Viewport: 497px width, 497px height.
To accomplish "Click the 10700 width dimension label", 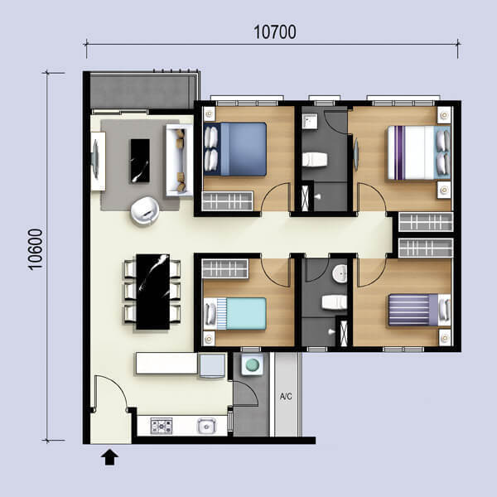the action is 275,32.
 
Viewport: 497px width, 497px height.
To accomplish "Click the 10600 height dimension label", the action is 36,249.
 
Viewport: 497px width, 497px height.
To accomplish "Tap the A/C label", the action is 286,396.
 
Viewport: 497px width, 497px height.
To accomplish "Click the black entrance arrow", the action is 109,457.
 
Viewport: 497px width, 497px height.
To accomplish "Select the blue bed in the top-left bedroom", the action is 235,149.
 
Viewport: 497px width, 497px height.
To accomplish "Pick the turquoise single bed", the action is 235,313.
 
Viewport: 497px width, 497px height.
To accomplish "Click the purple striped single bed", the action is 419,310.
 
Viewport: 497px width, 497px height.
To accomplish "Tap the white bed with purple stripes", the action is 419,152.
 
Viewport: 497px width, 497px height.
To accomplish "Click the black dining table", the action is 152,292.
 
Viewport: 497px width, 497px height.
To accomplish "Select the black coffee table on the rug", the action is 140,161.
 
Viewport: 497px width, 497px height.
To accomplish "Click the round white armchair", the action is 145,210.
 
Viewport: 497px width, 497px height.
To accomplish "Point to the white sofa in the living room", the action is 179,160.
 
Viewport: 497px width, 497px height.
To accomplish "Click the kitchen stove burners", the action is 162,426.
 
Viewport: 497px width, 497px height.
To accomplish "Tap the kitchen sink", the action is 206,426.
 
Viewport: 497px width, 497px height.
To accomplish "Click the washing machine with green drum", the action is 252,364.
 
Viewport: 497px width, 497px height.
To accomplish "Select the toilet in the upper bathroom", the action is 314,159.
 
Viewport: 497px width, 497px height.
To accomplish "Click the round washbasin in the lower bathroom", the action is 340,273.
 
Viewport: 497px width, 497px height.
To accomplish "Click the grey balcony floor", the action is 142,92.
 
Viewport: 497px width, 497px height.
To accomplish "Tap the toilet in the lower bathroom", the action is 335,302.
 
